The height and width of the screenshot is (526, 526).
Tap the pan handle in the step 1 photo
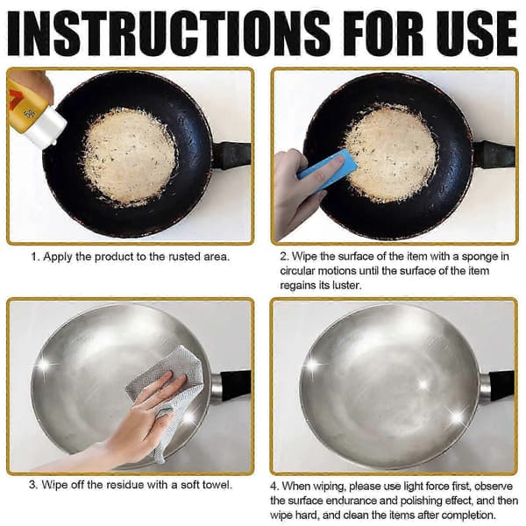(x=231, y=155)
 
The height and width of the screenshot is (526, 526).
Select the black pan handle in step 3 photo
(x=236, y=386)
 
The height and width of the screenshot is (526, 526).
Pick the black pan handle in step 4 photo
(x=502, y=386)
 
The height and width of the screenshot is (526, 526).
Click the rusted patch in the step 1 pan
(x=130, y=156)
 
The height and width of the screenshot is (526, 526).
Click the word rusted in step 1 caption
(x=184, y=257)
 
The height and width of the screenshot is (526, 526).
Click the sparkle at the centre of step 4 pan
(x=423, y=384)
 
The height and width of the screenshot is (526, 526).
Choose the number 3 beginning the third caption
(x=32, y=485)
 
